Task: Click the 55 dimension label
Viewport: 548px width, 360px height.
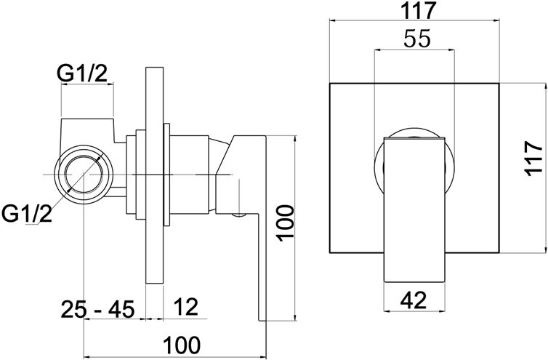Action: click(x=417, y=39)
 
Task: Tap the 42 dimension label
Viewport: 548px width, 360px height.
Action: click(x=414, y=300)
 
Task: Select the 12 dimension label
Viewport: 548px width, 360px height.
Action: click(x=185, y=307)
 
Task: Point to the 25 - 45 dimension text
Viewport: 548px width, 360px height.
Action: click(x=97, y=309)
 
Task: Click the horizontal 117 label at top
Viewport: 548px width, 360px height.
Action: click(x=419, y=10)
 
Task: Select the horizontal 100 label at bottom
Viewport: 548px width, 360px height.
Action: click(x=182, y=345)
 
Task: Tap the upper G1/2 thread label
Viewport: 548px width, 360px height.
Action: click(x=82, y=74)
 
